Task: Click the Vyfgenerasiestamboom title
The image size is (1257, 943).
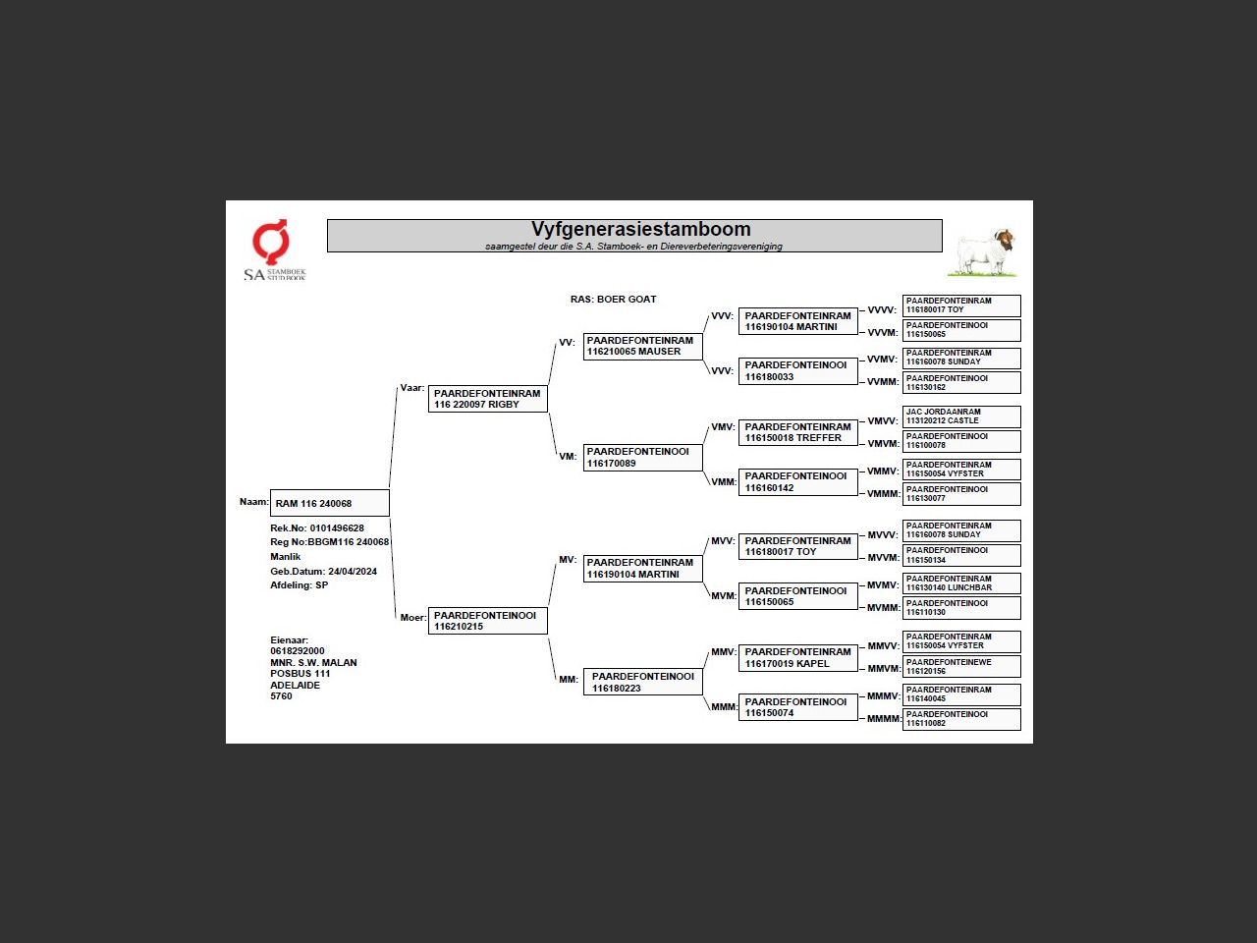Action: coord(640,230)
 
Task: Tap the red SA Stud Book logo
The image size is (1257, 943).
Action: coord(271,242)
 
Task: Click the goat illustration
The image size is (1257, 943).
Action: coord(985,252)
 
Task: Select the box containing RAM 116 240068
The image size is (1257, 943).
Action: coord(330,503)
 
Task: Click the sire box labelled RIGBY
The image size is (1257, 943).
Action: coord(487,399)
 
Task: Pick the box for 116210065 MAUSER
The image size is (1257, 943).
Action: coord(642,346)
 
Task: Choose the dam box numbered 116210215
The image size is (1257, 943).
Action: coord(487,621)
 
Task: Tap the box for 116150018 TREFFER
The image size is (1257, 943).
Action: coord(797,432)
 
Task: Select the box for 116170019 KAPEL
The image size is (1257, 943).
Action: coord(797,657)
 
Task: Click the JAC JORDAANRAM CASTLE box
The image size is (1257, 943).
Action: coord(960,416)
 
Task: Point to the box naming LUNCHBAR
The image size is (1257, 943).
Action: coord(960,583)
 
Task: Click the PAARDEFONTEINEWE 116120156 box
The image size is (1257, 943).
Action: coord(960,667)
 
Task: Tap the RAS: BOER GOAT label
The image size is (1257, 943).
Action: coord(613,299)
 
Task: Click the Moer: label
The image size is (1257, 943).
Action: coord(412,617)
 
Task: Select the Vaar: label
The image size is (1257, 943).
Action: coord(411,388)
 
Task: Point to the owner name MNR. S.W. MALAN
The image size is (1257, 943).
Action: coord(313,662)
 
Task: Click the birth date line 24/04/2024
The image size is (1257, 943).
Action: coord(323,571)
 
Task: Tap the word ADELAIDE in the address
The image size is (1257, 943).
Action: coord(295,685)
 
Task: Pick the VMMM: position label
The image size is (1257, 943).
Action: coord(883,494)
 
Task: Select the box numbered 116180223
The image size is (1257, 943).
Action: coord(642,682)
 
